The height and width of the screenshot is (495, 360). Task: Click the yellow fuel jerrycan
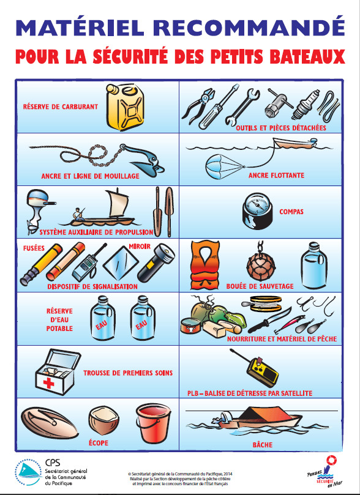[125, 107]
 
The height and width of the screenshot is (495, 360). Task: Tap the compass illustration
[257, 211]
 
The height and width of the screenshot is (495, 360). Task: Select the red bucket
[153, 423]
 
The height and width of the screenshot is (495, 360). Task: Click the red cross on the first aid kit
[48, 384]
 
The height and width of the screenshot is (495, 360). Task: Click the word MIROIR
[140, 246]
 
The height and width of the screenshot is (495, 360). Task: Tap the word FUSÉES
[34, 248]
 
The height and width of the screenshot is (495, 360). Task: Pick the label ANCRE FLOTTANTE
[276, 175]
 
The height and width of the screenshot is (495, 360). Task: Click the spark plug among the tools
[306, 104]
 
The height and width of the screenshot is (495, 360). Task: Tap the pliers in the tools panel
[198, 105]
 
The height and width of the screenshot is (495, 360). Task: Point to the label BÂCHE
[263, 445]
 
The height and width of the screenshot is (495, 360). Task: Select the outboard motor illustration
[39, 212]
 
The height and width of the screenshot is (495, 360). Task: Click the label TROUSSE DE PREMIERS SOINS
[128, 373]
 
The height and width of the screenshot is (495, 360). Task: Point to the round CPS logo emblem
[28, 472]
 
